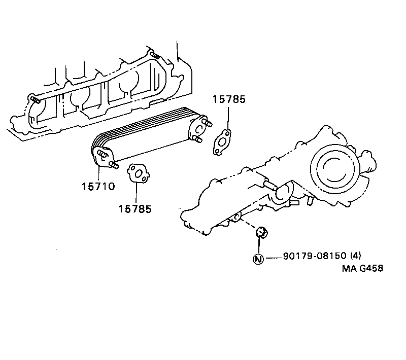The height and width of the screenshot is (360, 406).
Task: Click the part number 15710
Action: tap(97, 186)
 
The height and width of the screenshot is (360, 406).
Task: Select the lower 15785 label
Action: tap(135, 208)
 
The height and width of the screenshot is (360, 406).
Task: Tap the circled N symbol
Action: tap(258, 259)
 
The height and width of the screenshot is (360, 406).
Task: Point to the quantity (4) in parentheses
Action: tap(355, 256)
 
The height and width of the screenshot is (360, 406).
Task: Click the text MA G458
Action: tap(361, 268)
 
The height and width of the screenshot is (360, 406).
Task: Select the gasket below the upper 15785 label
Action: tap(222, 141)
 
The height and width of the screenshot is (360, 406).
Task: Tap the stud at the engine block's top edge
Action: tap(155, 55)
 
